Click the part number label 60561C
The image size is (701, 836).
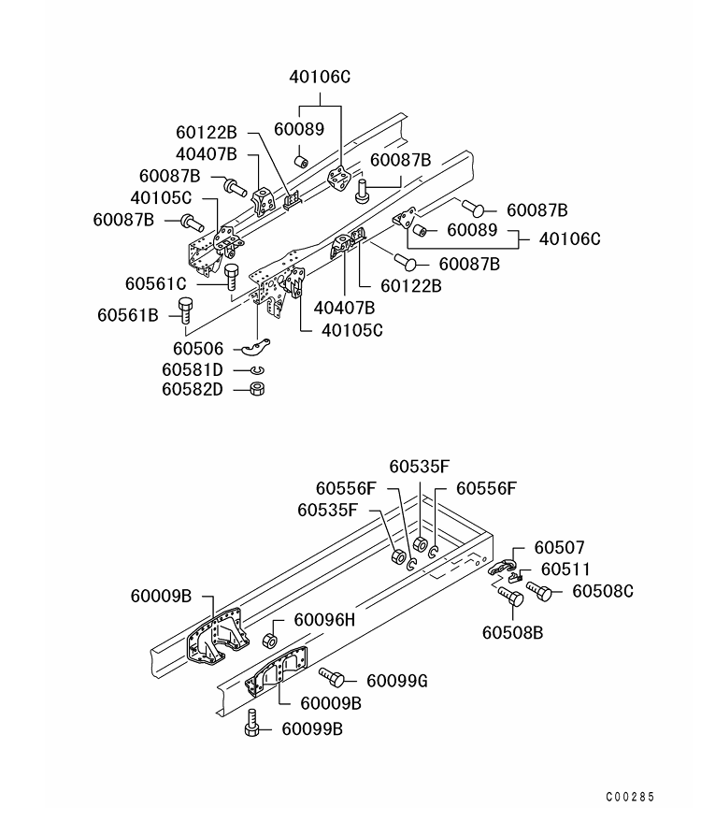pos(156,283)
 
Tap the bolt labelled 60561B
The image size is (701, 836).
pos(184,310)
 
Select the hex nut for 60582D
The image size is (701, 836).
pos(257,388)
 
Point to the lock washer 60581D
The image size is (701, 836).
pos(257,370)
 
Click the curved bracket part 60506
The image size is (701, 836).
pos(256,348)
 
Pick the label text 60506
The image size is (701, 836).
pos(198,349)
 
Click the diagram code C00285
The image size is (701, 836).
pos(630,797)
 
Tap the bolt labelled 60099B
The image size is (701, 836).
pos(252,724)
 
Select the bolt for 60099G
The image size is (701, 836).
pos(332,677)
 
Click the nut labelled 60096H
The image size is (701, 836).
pos(270,640)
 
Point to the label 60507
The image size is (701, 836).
pos(559,548)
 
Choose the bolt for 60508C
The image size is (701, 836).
pos(539,591)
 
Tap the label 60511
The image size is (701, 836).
pos(565,569)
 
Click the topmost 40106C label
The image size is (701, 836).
pos(320,78)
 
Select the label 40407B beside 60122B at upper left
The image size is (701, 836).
pos(207,154)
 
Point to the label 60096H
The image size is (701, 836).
pos(324,620)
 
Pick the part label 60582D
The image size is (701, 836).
pos(193,390)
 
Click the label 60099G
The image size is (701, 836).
pos(397,681)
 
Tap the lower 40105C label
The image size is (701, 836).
pos(352,330)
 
